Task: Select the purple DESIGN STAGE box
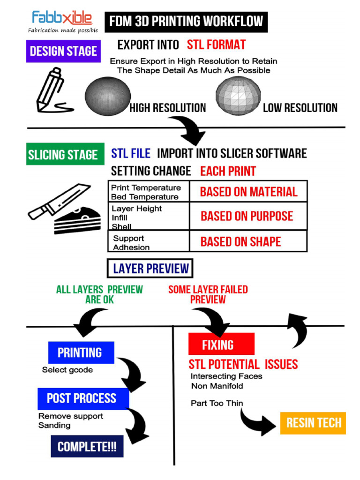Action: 63,51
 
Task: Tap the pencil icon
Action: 52,91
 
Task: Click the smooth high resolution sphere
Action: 107,96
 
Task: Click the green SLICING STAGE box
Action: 62,155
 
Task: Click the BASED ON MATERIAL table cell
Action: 248,192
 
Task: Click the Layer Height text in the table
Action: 137,209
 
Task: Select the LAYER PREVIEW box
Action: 150,269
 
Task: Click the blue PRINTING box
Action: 81,352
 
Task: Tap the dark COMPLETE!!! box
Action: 87,447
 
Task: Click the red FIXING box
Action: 221,345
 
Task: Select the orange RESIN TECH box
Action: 313,423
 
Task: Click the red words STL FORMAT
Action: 216,45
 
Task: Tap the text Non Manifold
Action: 217,386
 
